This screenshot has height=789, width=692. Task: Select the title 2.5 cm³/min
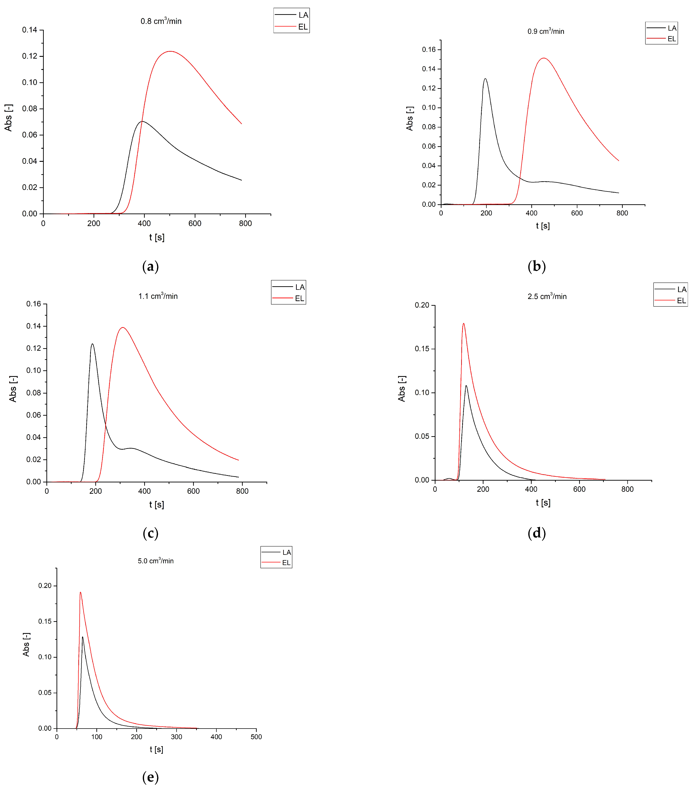tap(547, 296)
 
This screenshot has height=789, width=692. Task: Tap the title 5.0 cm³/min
tap(156, 561)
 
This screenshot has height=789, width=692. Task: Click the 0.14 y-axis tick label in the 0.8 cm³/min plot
tap(30, 30)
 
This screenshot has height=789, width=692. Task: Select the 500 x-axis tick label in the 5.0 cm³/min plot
tap(256, 737)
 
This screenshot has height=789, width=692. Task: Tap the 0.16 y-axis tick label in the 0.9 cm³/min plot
tap(429, 49)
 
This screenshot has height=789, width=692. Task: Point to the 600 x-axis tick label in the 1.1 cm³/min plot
tap(193, 491)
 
